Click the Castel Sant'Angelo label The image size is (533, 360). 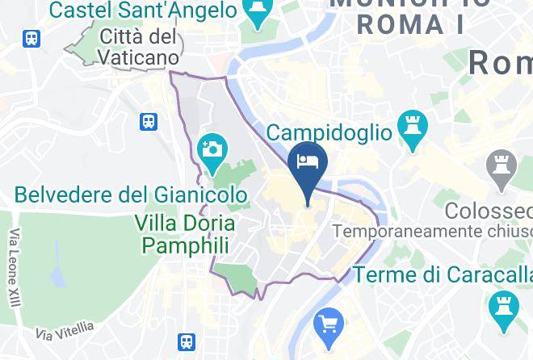(x=144, y=11)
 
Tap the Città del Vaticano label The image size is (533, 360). (x=140, y=47)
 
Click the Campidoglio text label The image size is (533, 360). (x=329, y=132)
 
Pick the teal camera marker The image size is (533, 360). (x=212, y=152)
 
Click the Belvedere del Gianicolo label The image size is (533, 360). (x=131, y=195)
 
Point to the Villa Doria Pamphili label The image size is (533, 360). (x=185, y=234)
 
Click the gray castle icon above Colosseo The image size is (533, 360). (x=502, y=169)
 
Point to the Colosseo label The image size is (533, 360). (x=489, y=211)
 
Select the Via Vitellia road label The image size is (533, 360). (x=65, y=330)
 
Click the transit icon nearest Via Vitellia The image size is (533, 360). (x=187, y=342)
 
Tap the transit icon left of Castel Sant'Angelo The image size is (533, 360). (x=32, y=38)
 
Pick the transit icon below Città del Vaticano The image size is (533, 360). (x=149, y=122)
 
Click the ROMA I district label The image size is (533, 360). (x=410, y=24)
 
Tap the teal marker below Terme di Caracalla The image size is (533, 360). (x=502, y=308)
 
